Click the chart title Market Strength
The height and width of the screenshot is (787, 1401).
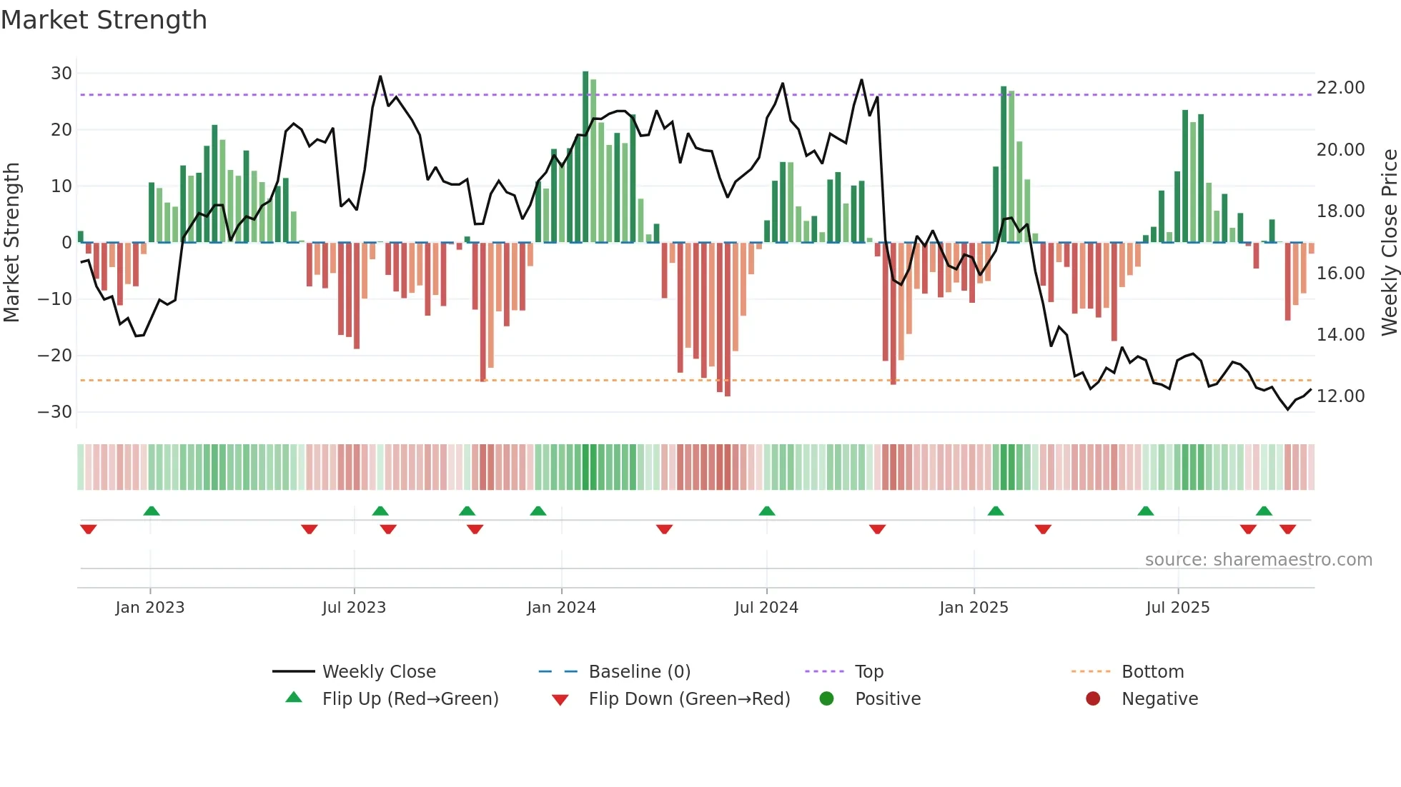[104, 20]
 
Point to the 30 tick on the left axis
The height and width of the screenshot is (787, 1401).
[61, 74]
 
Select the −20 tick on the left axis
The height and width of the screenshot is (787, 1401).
[55, 356]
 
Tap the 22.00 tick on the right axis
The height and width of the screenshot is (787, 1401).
[1340, 88]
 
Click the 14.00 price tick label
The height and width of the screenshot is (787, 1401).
[1340, 335]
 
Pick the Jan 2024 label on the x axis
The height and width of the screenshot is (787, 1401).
[561, 608]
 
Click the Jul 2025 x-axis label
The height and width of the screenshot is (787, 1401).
[1177, 608]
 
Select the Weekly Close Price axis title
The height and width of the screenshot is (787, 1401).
[1389, 243]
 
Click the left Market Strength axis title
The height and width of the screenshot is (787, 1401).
[11, 243]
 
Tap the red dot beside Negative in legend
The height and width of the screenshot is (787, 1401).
[1092, 699]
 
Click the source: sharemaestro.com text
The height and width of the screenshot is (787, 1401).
[1258, 560]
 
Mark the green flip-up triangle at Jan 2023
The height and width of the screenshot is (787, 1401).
[151, 511]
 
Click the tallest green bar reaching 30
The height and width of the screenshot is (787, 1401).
[585, 157]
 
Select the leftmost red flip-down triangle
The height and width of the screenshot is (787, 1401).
[89, 529]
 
